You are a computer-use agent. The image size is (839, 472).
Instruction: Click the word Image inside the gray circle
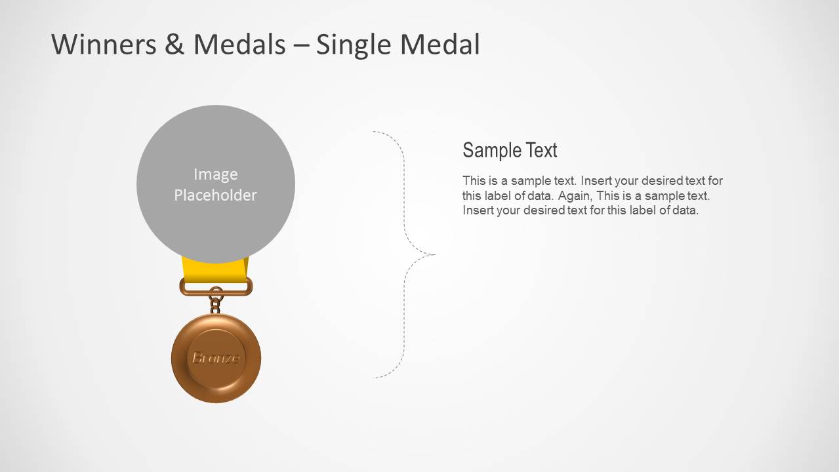click(x=215, y=174)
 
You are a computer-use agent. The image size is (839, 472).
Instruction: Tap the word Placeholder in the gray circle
click(x=215, y=195)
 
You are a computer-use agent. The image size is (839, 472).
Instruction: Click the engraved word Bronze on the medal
click(x=215, y=358)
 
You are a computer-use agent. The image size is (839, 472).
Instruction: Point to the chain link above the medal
click(x=215, y=304)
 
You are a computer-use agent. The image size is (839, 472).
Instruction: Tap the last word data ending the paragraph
click(x=685, y=210)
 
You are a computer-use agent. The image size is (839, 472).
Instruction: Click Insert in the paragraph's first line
click(x=596, y=180)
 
